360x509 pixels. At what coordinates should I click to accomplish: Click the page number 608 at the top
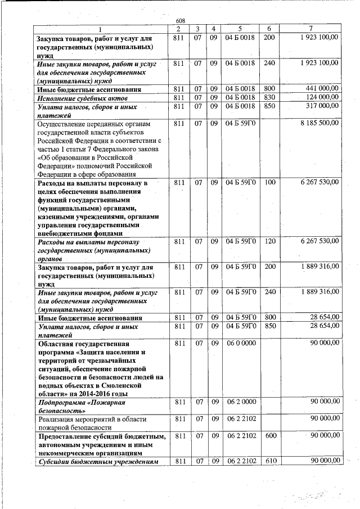(x=180, y=21)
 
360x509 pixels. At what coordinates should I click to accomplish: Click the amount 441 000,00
(x=322, y=89)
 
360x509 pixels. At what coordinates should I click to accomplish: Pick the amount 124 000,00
(x=322, y=97)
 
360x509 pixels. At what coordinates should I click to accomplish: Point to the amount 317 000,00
(x=322, y=106)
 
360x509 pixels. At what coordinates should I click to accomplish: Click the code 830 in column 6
(x=269, y=97)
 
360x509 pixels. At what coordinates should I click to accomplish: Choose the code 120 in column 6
(x=269, y=241)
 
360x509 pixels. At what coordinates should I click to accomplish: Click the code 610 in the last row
(x=269, y=462)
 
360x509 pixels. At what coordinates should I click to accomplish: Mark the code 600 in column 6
(x=269, y=436)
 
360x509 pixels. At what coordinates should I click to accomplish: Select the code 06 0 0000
(x=240, y=343)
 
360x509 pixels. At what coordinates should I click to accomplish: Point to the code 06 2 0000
(x=240, y=402)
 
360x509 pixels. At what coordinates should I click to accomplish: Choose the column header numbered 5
(x=240, y=29)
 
